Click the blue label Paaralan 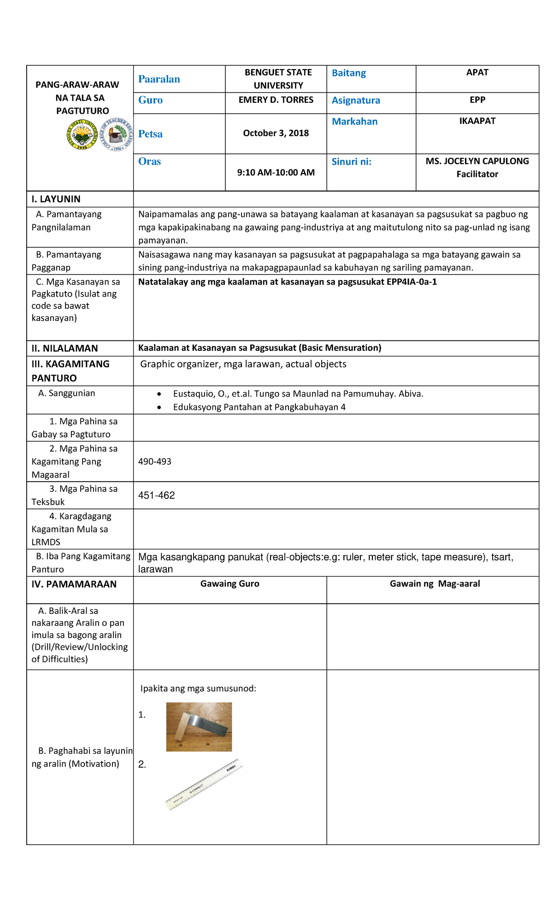pyautogui.click(x=159, y=79)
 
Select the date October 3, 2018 pyautogui.click(x=276, y=133)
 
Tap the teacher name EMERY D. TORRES pyautogui.click(x=276, y=100)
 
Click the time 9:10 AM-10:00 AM pyautogui.click(x=276, y=173)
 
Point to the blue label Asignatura pyautogui.click(x=356, y=100)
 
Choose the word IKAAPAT pyautogui.click(x=477, y=121)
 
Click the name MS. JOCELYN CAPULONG pyautogui.click(x=477, y=161)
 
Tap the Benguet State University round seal pyautogui.click(x=82, y=134)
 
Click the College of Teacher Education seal pyautogui.click(x=117, y=134)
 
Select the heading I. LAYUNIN pyautogui.click(x=56, y=199)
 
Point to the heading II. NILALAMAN pyautogui.click(x=65, y=348)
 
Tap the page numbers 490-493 pyautogui.click(x=154, y=461)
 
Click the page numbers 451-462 pyautogui.click(x=156, y=496)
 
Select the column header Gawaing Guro pyautogui.click(x=229, y=584)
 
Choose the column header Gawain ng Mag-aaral pyautogui.click(x=435, y=584)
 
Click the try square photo pyautogui.click(x=199, y=727)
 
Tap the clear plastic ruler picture pyautogui.click(x=204, y=784)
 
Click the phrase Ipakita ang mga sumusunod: pyautogui.click(x=198, y=688)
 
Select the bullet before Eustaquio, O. pyautogui.click(x=159, y=394)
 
